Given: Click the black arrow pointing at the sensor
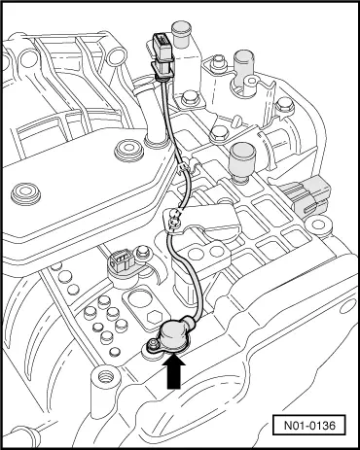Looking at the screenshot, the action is tap(176, 371).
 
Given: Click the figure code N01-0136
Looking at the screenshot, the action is tap(309, 425).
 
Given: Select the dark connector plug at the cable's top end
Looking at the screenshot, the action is tap(163, 52).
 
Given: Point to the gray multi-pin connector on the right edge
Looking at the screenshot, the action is tap(306, 195).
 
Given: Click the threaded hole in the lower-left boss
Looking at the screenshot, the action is tap(105, 377).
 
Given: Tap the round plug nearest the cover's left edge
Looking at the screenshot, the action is tap(26, 194).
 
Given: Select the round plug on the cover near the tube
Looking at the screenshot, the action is tap(128, 151).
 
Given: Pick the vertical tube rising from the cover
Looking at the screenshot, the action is tap(156, 119).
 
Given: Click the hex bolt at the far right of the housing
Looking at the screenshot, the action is tap(285, 106).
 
